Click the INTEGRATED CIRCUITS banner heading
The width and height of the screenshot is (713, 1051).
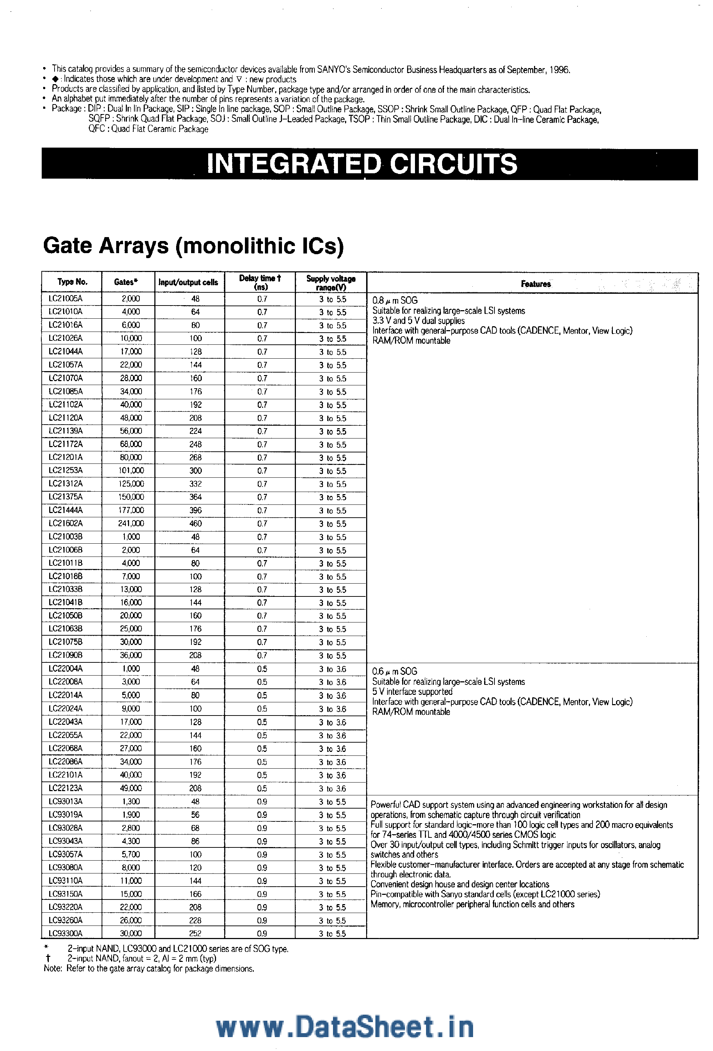362,164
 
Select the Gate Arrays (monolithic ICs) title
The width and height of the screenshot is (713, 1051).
193,246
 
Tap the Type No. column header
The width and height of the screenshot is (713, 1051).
72,282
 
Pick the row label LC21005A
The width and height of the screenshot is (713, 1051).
66,298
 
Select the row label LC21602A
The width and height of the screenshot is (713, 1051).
66,523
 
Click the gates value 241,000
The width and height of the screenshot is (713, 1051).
131,523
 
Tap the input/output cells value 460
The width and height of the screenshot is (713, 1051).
195,523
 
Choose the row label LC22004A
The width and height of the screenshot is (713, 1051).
66,668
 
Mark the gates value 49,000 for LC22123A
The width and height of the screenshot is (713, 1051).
131,788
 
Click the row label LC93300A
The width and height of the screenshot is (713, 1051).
66,933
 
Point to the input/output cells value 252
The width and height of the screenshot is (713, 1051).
195,933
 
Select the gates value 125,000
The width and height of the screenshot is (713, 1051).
131,484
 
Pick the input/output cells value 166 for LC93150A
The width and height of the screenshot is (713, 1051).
195,894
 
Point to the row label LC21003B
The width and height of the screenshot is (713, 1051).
66,537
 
